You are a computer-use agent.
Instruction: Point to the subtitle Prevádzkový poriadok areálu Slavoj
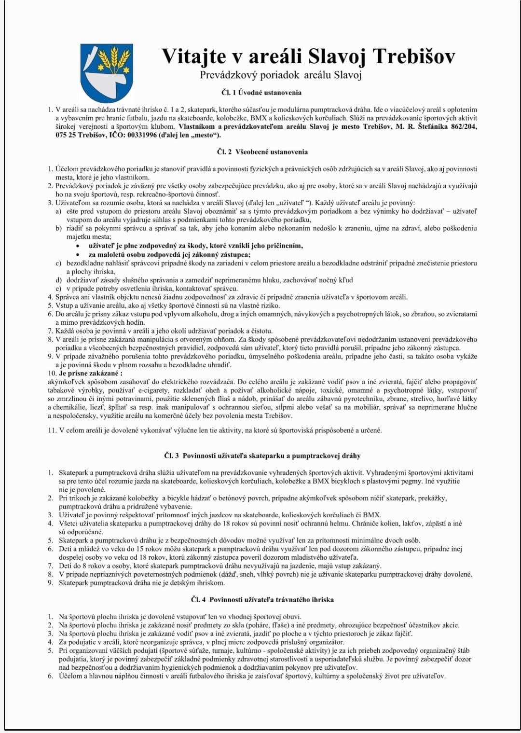281,75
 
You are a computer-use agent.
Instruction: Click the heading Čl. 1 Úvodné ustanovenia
261,92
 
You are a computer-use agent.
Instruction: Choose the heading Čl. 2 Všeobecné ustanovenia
262,152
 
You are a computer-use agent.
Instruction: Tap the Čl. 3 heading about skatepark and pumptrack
262,456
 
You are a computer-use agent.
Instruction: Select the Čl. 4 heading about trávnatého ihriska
262,600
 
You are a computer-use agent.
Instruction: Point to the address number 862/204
463,126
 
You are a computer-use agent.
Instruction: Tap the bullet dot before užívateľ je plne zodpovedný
77,246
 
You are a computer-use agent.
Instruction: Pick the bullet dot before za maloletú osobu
77,255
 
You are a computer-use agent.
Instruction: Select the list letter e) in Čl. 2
58,289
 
